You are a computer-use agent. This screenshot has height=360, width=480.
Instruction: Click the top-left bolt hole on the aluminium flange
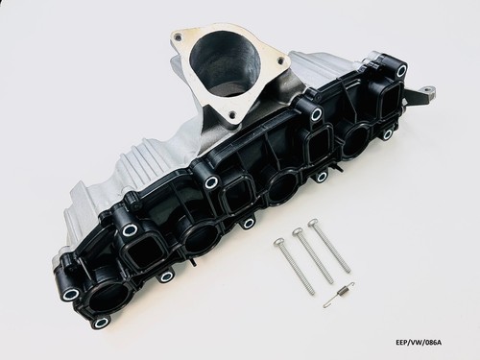[178, 37]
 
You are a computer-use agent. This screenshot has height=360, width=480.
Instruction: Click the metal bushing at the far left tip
[68, 294]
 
